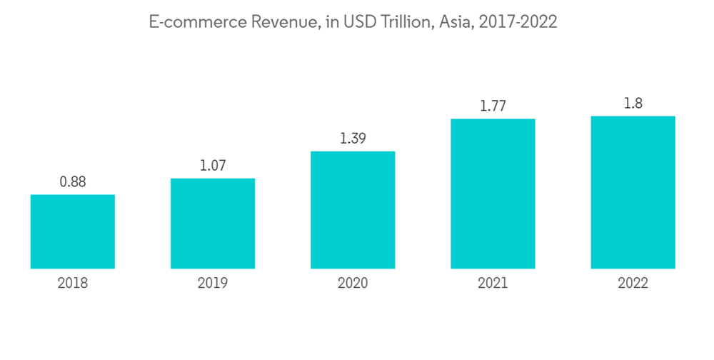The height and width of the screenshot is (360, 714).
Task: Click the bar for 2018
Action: [x=73, y=231]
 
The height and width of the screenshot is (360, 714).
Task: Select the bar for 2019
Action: [x=213, y=224]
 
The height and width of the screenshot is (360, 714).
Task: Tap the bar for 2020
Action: [x=353, y=210]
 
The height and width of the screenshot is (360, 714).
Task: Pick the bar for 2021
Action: [x=493, y=194]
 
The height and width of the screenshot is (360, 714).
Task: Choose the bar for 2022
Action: [x=633, y=192]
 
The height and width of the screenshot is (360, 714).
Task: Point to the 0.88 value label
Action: [x=73, y=182]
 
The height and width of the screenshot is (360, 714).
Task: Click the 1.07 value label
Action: [x=213, y=166]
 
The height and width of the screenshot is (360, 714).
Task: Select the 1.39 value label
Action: [x=353, y=139]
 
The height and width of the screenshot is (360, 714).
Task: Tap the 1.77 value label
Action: [x=493, y=106]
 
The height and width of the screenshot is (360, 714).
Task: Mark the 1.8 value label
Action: [x=633, y=104]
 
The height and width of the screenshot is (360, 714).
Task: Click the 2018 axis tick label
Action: [x=73, y=284]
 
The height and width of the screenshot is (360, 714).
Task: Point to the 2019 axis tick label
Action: [x=213, y=284]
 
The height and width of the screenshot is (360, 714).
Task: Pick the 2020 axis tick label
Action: [x=353, y=284]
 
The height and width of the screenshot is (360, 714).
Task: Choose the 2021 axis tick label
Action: [x=493, y=284]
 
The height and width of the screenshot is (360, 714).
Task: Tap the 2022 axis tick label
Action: [x=633, y=284]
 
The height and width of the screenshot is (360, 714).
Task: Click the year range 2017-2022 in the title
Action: [x=518, y=23]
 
